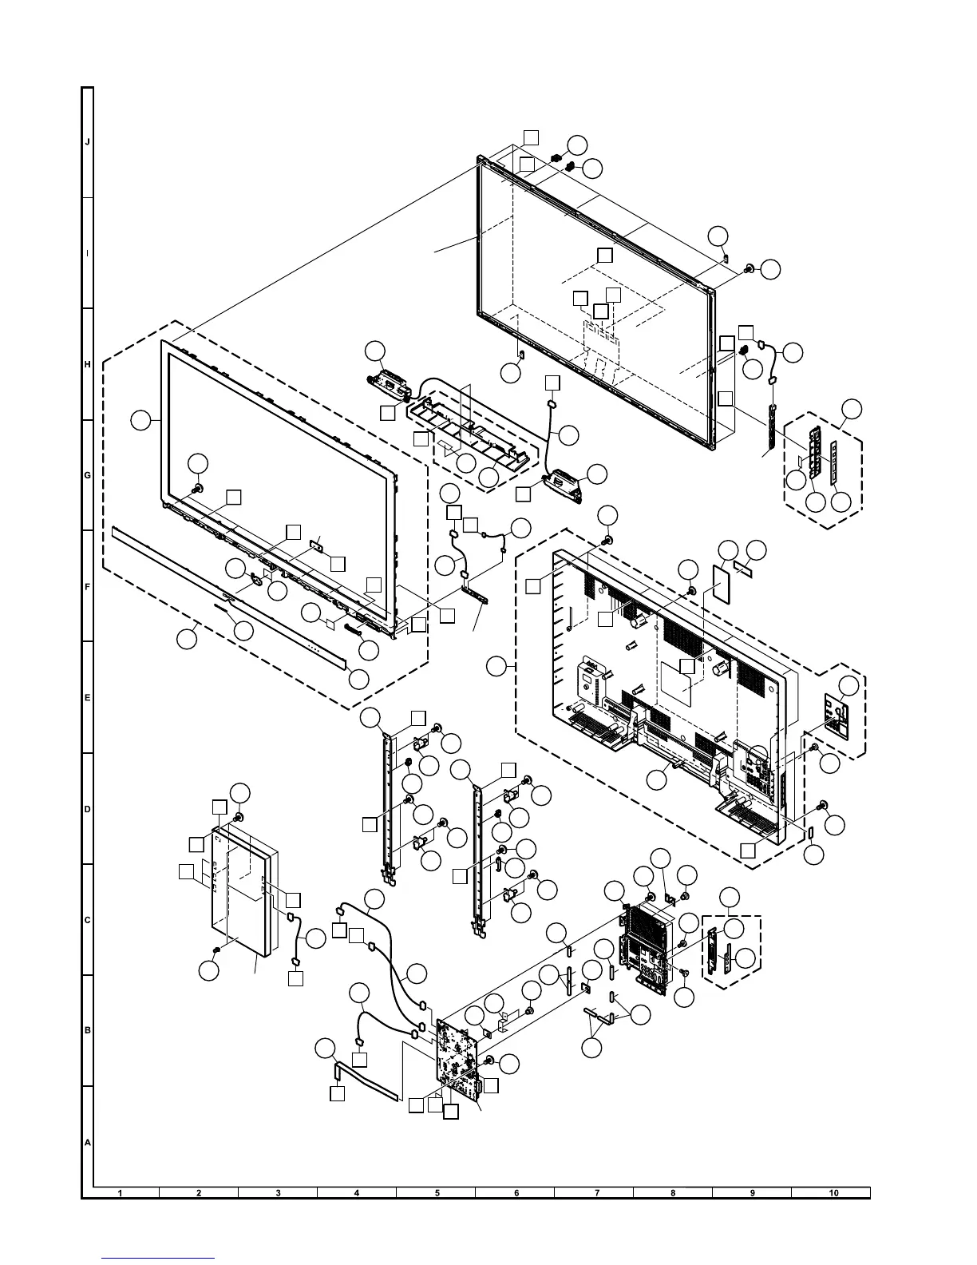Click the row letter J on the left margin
87,141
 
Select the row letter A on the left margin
87,1142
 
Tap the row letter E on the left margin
87,697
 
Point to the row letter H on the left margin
87,364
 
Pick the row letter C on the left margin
87,920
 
